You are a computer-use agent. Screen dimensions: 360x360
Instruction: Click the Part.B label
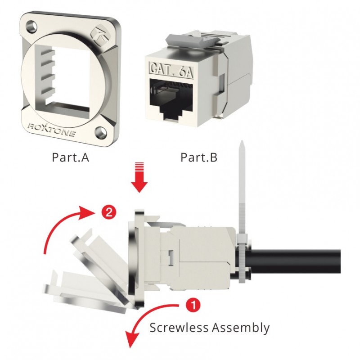[x=199, y=158]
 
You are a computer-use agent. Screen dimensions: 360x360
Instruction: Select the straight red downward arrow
[x=139, y=180]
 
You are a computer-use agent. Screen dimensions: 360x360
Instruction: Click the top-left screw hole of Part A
[x=30, y=25]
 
